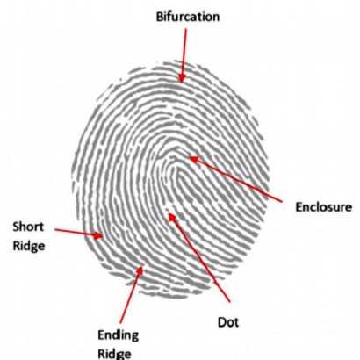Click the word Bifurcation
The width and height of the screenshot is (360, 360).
tap(188, 17)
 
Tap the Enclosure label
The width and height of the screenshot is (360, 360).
tap(323, 207)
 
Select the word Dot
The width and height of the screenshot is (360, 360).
tap(228, 322)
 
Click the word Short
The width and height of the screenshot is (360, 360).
tap(28, 227)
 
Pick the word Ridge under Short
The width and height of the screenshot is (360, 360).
tap(29, 246)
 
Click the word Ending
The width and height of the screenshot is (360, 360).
tap(118, 335)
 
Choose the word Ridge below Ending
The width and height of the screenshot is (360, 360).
tap(114, 354)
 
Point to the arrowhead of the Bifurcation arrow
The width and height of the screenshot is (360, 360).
tap(182, 79)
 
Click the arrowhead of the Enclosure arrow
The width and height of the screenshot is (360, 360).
tap(193, 160)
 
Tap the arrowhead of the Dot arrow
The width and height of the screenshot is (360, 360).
tap(171, 217)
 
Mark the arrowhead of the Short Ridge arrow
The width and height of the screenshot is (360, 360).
tap(98, 235)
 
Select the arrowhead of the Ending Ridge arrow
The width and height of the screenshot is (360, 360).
tap(140, 270)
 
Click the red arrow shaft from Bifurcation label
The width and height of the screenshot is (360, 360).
tap(184, 52)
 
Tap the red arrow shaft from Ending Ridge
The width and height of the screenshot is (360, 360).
tap(130, 299)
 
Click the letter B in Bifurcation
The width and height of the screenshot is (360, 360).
tap(160, 17)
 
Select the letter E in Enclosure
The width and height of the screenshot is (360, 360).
tap(299, 207)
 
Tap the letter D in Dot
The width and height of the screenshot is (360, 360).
tap(222, 322)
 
